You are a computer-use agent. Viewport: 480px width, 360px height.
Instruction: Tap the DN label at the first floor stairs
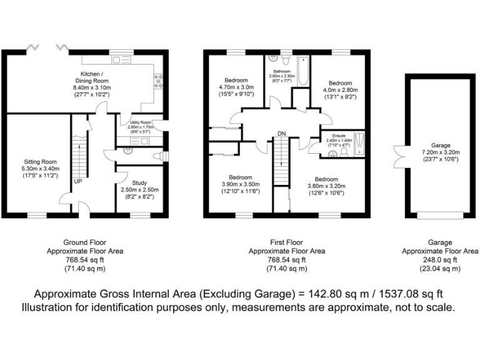coord(281,134)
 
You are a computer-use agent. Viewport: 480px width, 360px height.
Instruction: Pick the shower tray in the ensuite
coord(358,139)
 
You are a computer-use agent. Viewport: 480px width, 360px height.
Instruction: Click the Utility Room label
coord(140,122)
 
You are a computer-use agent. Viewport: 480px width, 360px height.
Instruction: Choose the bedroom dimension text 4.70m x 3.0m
coord(236,87)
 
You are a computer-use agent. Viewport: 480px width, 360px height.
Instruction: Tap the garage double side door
coord(401,156)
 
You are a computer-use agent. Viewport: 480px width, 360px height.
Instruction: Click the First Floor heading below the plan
coord(287,242)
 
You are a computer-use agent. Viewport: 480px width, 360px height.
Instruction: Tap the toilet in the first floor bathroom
coord(284,61)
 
